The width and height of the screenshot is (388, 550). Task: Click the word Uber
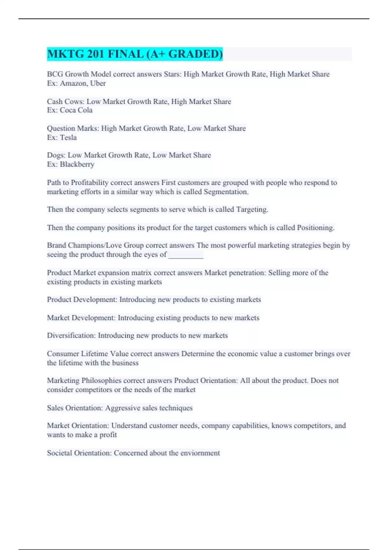pyautogui.click(x=98, y=83)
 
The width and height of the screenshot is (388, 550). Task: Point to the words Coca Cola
pyautogui.click(x=76, y=110)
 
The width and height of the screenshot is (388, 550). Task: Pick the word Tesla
pyautogui.click(x=68, y=137)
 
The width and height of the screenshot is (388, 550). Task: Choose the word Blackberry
pyautogui.click(x=77, y=164)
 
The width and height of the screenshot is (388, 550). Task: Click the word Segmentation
pyautogui.click(x=226, y=192)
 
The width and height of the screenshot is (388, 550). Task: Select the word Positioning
pyautogui.click(x=315, y=228)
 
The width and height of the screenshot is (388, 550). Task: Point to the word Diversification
pyautogui.click(x=71, y=335)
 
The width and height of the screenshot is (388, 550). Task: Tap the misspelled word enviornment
pyautogui.click(x=200, y=453)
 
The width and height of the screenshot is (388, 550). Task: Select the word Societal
pyautogui.click(x=59, y=453)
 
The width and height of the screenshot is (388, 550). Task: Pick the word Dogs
pyautogui.click(x=56, y=155)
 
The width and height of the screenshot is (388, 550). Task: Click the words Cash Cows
pyautogui.click(x=65, y=102)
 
